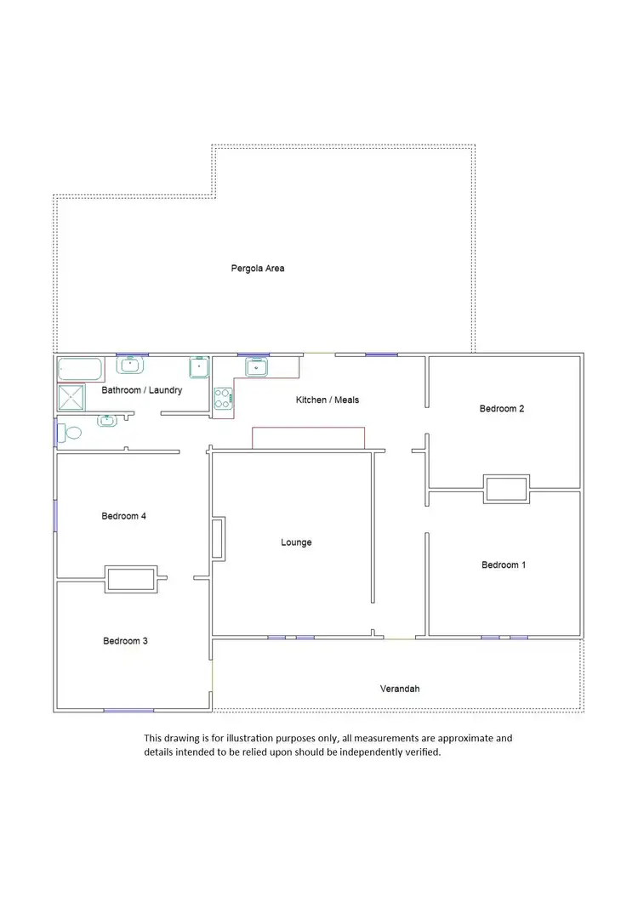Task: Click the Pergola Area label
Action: tap(258, 269)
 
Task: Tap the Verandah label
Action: tap(400, 689)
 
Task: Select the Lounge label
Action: tap(296, 542)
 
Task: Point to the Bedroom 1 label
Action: tap(503, 565)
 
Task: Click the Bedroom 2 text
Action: tap(502, 409)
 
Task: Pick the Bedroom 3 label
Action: tap(125, 641)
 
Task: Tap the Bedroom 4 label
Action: tap(124, 516)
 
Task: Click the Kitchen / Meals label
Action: tap(328, 400)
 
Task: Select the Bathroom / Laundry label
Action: tap(142, 391)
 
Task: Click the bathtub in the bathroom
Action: tap(79, 370)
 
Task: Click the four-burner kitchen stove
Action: tap(223, 399)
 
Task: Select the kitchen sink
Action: tap(257, 367)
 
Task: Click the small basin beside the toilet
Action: tap(107, 420)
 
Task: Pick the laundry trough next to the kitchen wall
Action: tap(198, 367)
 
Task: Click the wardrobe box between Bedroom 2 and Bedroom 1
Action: tap(506, 489)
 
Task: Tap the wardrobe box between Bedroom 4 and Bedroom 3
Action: tap(130, 580)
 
